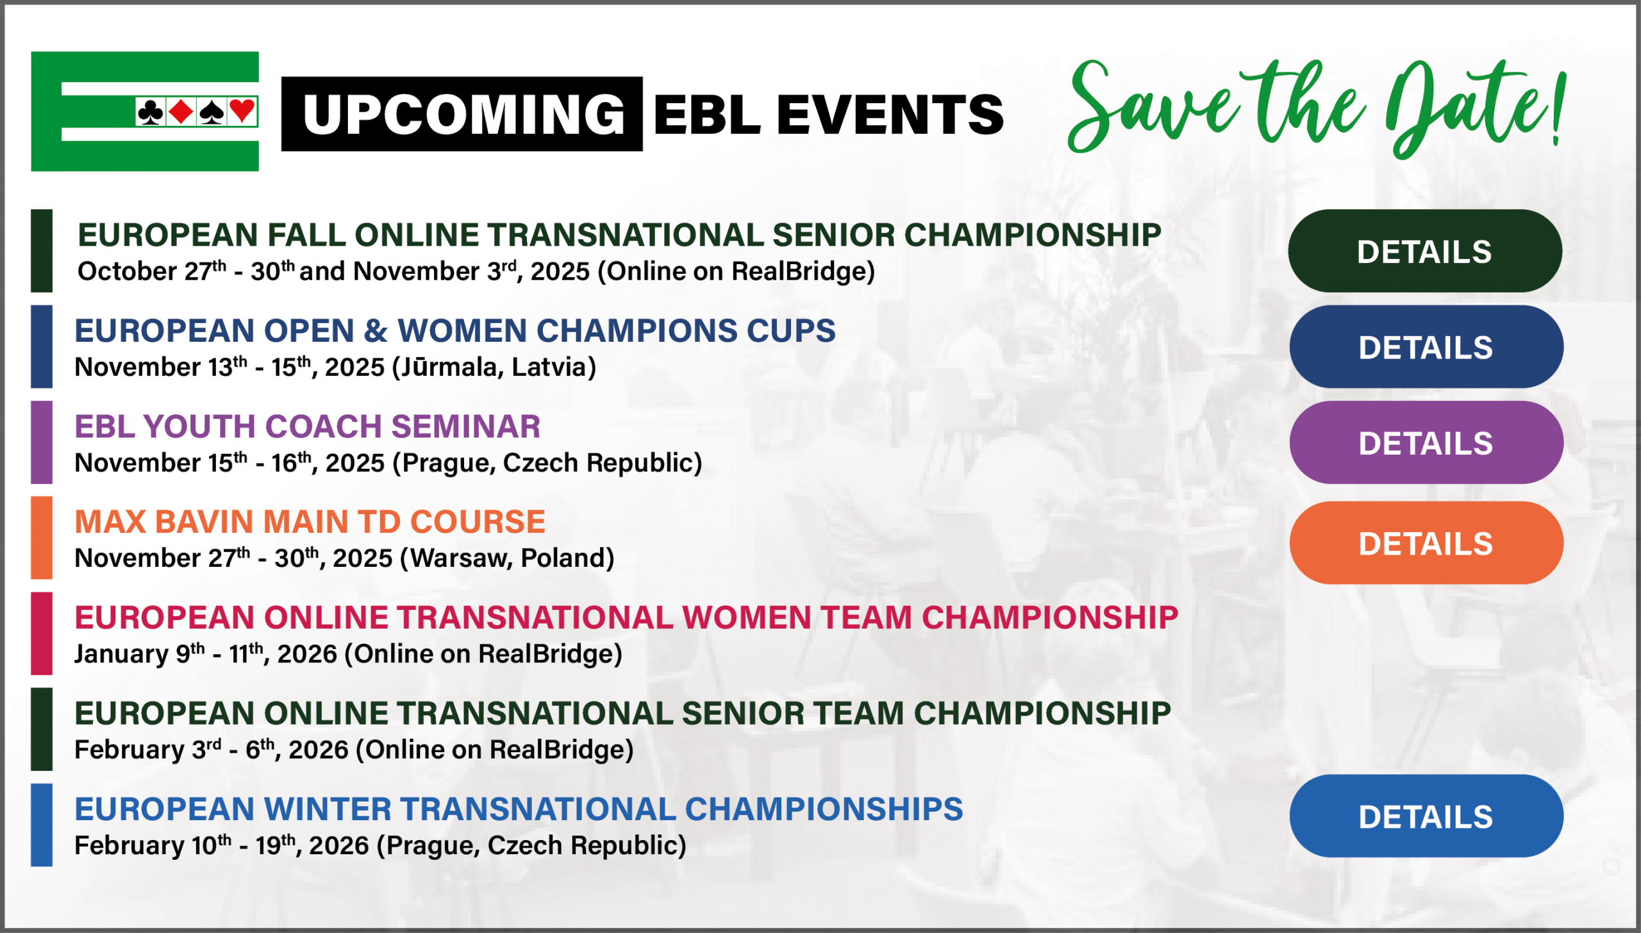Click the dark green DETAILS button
(x=1424, y=251)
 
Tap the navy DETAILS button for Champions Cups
(x=1426, y=347)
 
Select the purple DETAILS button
(x=1426, y=442)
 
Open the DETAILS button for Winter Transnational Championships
(x=1426, y=816)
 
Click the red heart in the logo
(x=242, y=111)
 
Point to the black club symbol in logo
(x=151, y=112)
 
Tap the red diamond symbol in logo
(x=181, y=112)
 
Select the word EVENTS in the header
(x=890, y=114)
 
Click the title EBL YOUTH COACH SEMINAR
(x=308, y=426)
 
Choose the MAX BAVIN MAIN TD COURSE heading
(x=310, y=521)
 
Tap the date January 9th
(x=139, y=654)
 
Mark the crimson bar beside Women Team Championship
(x=42, y=634)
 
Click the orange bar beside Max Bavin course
(x=42, y=537)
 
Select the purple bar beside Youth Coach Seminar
(x=42, y=442)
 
